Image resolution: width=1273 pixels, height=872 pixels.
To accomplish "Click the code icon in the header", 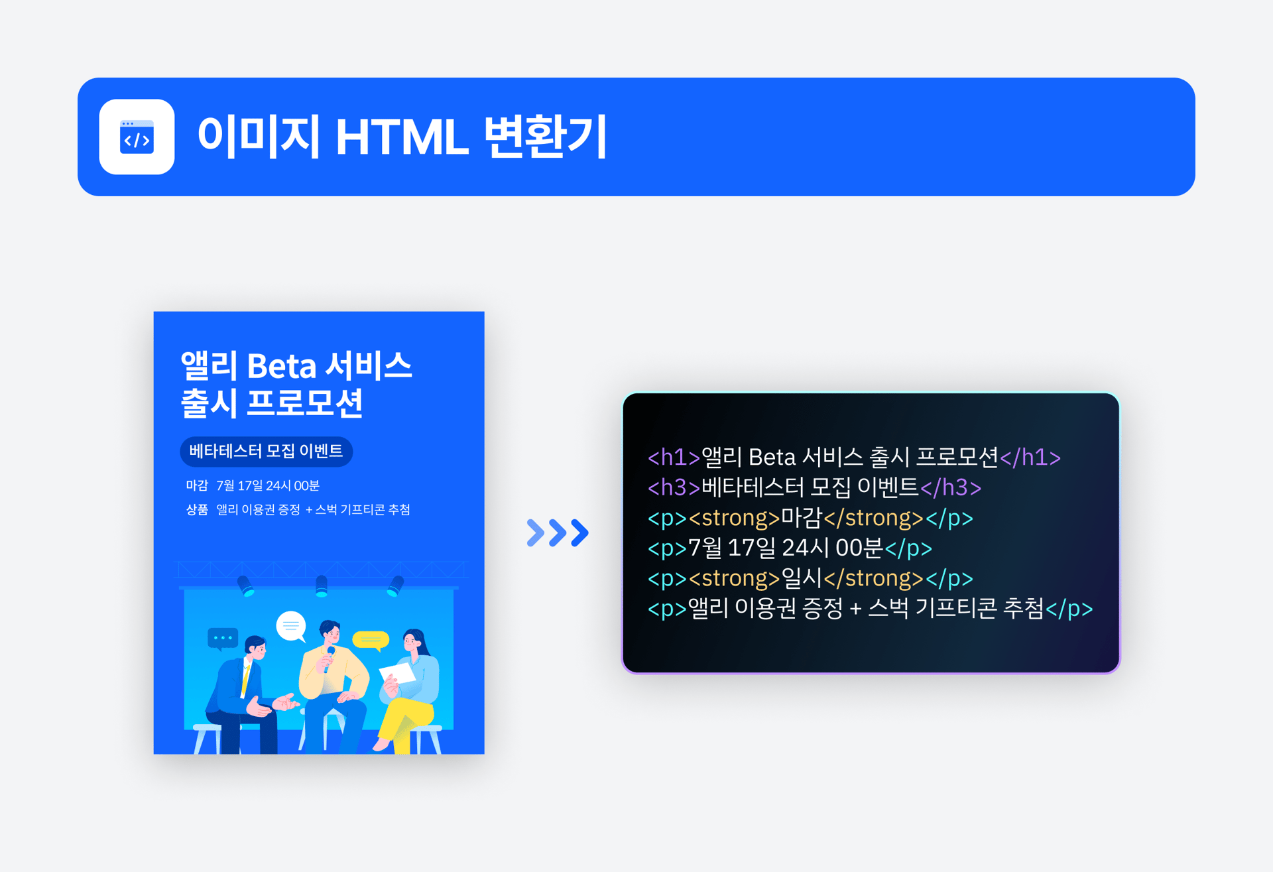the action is click(137, 137).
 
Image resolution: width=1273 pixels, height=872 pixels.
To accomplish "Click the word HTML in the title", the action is click(402, 137).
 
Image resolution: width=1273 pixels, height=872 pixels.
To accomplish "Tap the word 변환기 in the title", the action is click(545, 136).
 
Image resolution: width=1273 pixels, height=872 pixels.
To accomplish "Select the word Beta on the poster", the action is click(281, 366).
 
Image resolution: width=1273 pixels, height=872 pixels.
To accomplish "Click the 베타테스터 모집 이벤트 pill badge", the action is click(266, 452).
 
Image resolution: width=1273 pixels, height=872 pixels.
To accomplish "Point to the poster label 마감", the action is click(197, 485).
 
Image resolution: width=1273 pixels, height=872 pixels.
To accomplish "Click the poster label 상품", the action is click(197, 509).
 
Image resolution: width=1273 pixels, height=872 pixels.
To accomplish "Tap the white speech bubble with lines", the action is click(291, 626).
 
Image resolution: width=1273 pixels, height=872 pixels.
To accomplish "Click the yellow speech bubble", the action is click(371, 640).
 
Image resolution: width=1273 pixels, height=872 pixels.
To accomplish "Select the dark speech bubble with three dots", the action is click(223, 639).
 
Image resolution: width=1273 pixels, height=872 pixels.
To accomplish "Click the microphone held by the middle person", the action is click(329, 658).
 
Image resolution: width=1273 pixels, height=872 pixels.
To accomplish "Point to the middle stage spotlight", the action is click(322, 586).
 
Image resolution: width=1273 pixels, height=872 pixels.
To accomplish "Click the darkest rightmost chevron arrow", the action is click(579, 532).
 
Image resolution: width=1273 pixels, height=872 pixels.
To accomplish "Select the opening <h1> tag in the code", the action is click(674, 457).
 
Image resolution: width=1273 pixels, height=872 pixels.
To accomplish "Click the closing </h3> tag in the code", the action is click(951, 487).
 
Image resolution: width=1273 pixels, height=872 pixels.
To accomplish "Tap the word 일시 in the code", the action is click(802, 578).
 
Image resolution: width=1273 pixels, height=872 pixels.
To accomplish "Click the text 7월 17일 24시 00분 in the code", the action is click(786, 548).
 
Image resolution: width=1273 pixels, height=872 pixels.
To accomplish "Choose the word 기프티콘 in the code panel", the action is click(955, 608).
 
